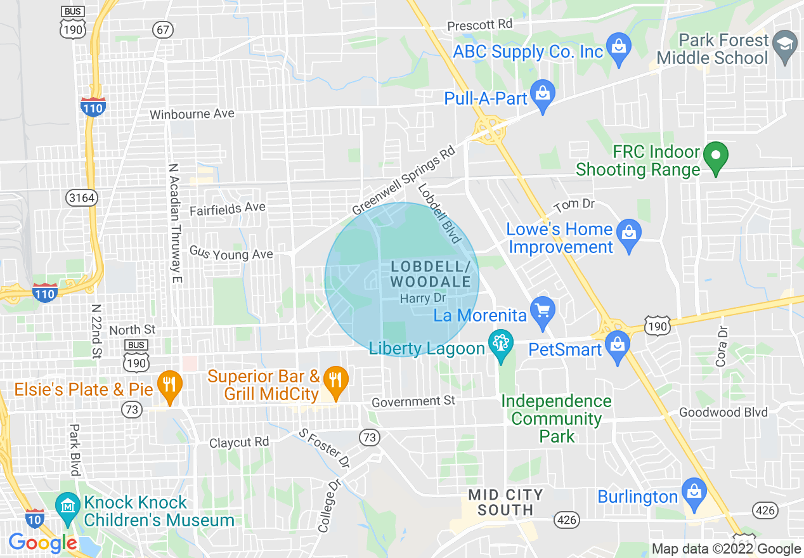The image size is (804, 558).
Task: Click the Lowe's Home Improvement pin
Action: tap(629, 234)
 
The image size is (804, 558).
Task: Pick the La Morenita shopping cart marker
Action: tap(542, 311)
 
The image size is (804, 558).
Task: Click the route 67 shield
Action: tap(162, 29)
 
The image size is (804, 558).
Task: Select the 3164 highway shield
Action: tap(82, 198)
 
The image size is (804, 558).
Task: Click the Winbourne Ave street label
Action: tap(192, 115)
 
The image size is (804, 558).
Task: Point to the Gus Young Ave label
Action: tap(231, 254)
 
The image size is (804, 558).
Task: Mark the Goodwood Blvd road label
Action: tap(723, 412)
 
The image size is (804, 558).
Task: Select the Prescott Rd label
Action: tap(479, 25)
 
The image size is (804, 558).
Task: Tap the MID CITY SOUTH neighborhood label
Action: tap(505, 502)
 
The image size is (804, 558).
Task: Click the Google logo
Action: tap(42, 543)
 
